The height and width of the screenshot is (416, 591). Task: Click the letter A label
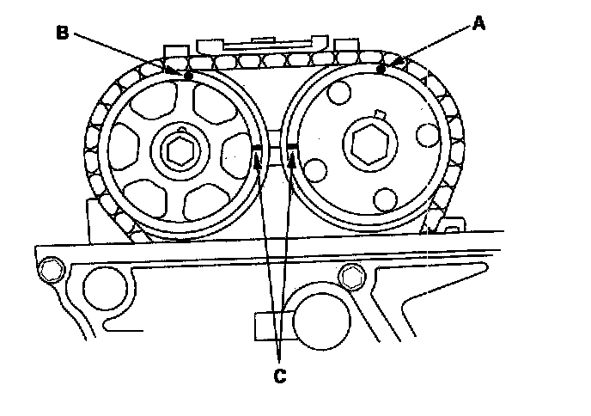pos(478,25)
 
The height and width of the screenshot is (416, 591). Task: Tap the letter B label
pos(62,33)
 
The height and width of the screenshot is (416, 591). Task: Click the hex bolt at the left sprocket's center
pos(181,151)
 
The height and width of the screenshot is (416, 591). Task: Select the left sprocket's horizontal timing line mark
pos(256,148)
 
